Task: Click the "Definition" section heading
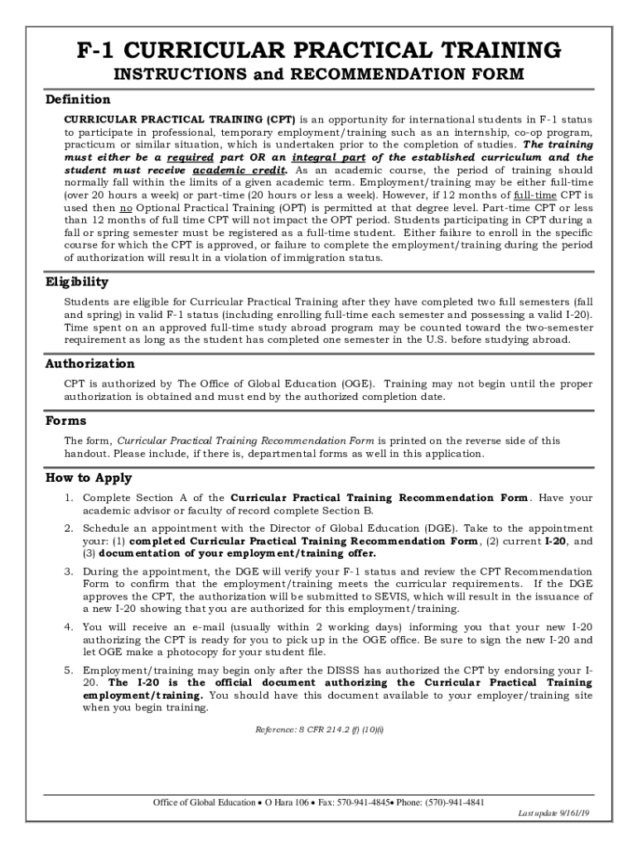77,99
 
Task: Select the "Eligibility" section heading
76,282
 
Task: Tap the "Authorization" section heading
89,364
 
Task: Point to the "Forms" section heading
65,421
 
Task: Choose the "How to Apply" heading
88,478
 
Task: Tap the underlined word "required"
190,157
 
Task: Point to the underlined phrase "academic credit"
238,170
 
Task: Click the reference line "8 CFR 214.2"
319,730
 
